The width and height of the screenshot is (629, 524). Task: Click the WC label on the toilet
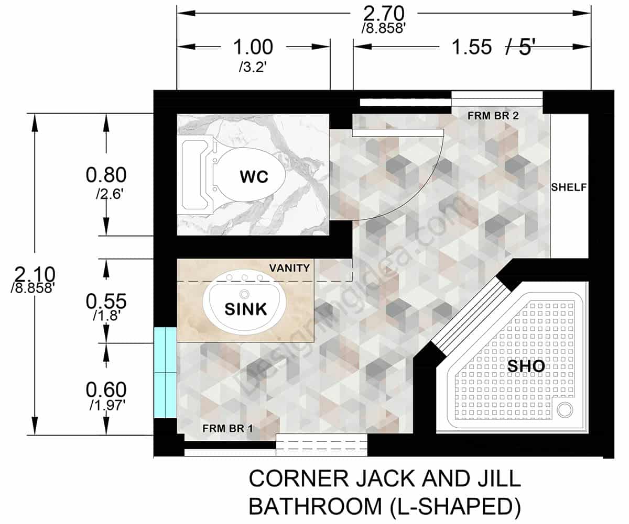click(254, 177)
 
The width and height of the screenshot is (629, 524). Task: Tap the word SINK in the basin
click(246, 309)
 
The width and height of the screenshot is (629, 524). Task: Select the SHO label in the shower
click(526, 366)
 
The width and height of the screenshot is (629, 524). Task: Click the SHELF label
click(569, 187)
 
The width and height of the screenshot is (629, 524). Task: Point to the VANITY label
click(289, 268)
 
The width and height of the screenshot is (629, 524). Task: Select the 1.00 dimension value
click(253, 48)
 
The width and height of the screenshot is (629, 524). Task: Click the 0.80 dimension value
click(106, 175)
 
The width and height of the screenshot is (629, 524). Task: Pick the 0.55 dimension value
click(106, 302)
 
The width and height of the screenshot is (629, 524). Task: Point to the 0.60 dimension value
click(106, 390)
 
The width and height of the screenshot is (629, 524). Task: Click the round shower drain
click(565, 410)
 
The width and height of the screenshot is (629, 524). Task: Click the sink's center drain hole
click(245, 294)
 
